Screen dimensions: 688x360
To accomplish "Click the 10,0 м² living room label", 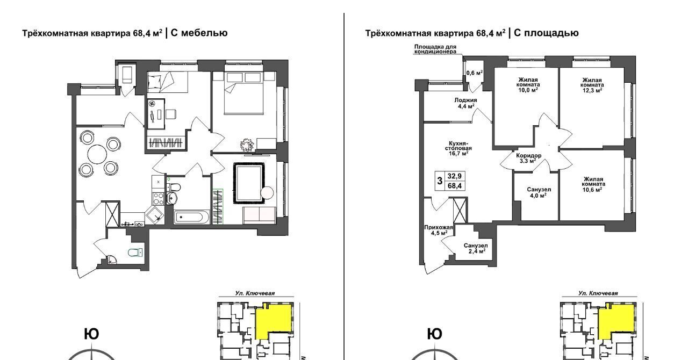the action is click(x=528, y=85).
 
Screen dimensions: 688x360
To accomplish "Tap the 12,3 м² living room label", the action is click(x=592, y=85).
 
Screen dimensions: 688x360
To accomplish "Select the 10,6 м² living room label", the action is click(x=593, y=184).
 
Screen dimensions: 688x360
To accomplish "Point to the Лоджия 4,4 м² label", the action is click(x=465, y=103).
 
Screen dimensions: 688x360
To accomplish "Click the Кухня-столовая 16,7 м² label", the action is click(x=458, y=148).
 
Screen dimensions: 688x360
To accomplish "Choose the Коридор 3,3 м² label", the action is click(x=528, y=158).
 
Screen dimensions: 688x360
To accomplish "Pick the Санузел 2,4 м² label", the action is click(x=476, y=248).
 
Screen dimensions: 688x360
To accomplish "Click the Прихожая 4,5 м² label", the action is click(x=439, y=230).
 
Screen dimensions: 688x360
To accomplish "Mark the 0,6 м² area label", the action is click(x=475, y=73).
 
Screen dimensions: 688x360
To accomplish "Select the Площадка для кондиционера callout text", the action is click(x=435, y=49).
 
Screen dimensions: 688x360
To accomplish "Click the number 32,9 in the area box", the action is click(x=454, y=176).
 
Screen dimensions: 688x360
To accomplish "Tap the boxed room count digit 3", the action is click(x=440, y=181).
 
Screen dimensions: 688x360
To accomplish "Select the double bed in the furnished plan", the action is click(x=244, y=93).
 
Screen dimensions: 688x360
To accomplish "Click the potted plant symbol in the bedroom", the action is click(x=247, y=145).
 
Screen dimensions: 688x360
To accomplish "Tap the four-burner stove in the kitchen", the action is click(x=159, y=198).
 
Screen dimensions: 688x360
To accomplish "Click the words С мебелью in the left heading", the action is click(x=199, y=33).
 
